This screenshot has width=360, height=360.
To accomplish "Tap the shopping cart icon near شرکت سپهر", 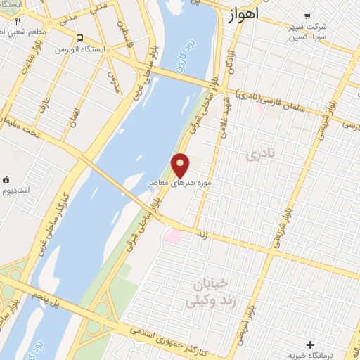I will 306,15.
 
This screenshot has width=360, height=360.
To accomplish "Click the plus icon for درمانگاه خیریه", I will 310,344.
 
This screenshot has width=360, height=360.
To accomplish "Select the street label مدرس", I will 113,82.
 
